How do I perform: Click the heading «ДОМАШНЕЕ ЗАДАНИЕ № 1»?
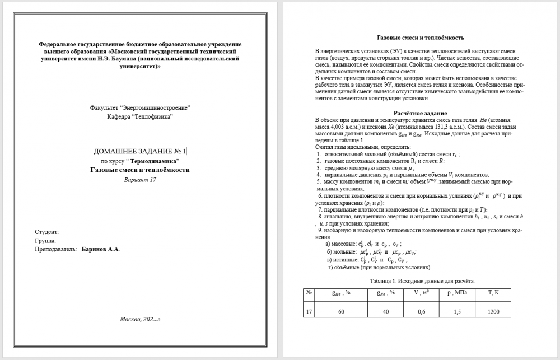point(140,151)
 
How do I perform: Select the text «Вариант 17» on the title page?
point(140,180)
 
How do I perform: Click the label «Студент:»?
point(46,232)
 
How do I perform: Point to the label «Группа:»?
point(45,241)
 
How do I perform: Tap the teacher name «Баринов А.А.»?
point(100,249)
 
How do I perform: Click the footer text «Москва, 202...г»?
point(140,319)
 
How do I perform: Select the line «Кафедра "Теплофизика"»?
point(140,116)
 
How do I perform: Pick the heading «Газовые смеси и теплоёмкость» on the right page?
point(421,38)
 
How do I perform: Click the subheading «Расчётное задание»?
point(421,113)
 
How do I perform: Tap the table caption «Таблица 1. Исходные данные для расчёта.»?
point(421,280)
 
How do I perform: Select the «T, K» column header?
point(493,292)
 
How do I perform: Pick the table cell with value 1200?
point(493,312)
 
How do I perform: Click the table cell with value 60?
point(341,312)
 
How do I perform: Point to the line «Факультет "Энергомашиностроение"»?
point(140,107)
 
